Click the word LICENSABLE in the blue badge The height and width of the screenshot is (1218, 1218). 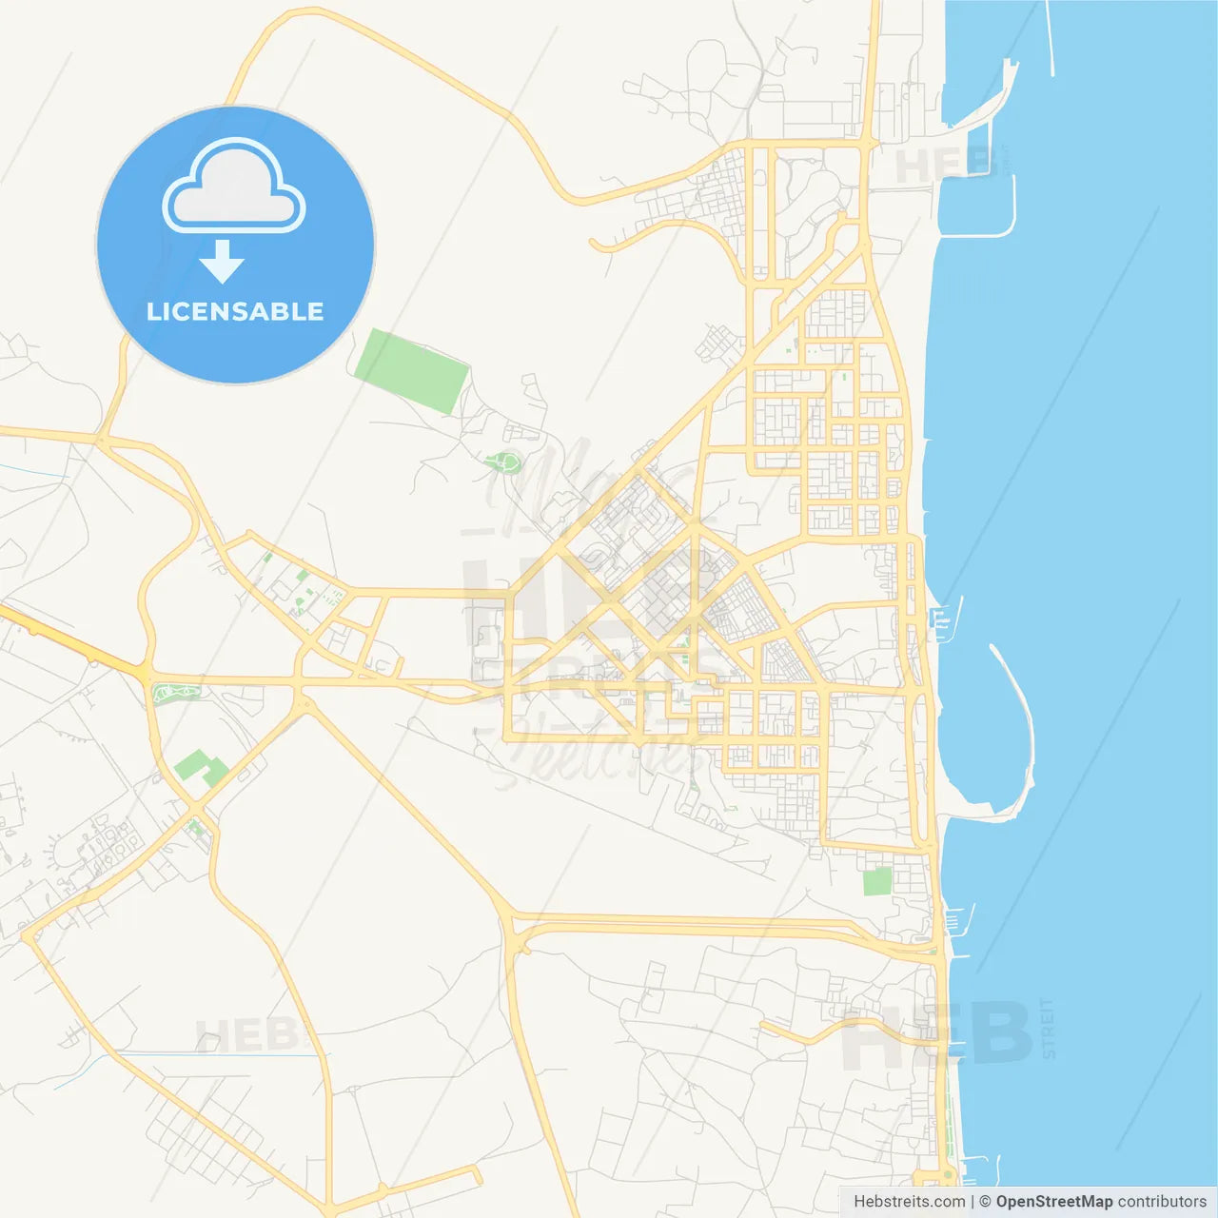(x=235, y=311)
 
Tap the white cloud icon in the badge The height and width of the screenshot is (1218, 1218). (x=234, y=187)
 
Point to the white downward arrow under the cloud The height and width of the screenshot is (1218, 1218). (x=223, y=262)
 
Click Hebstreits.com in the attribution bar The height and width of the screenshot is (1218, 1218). (x=909, y=1202)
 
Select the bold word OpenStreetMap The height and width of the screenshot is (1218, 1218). (x=1054, y=1202)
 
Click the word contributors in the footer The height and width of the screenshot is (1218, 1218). (x=1162, y=1202)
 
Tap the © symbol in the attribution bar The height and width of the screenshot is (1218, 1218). (x=985, y=1202)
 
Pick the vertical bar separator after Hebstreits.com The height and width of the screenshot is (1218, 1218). (x=972, y=1202)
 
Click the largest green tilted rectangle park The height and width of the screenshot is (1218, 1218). (x=411, y=370)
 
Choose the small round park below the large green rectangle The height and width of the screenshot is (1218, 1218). (x=504, y=463)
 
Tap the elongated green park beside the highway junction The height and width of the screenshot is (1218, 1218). (x=177, y=692)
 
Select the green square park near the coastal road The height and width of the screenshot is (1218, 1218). (x=876, y=881)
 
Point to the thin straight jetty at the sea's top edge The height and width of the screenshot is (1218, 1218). (x=1050, y=38)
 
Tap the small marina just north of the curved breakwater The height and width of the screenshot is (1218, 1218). (x=942, y=619)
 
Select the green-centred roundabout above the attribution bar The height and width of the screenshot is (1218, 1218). (x=947, y=1176)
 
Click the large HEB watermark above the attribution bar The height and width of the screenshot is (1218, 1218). (x=937, y=1032)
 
